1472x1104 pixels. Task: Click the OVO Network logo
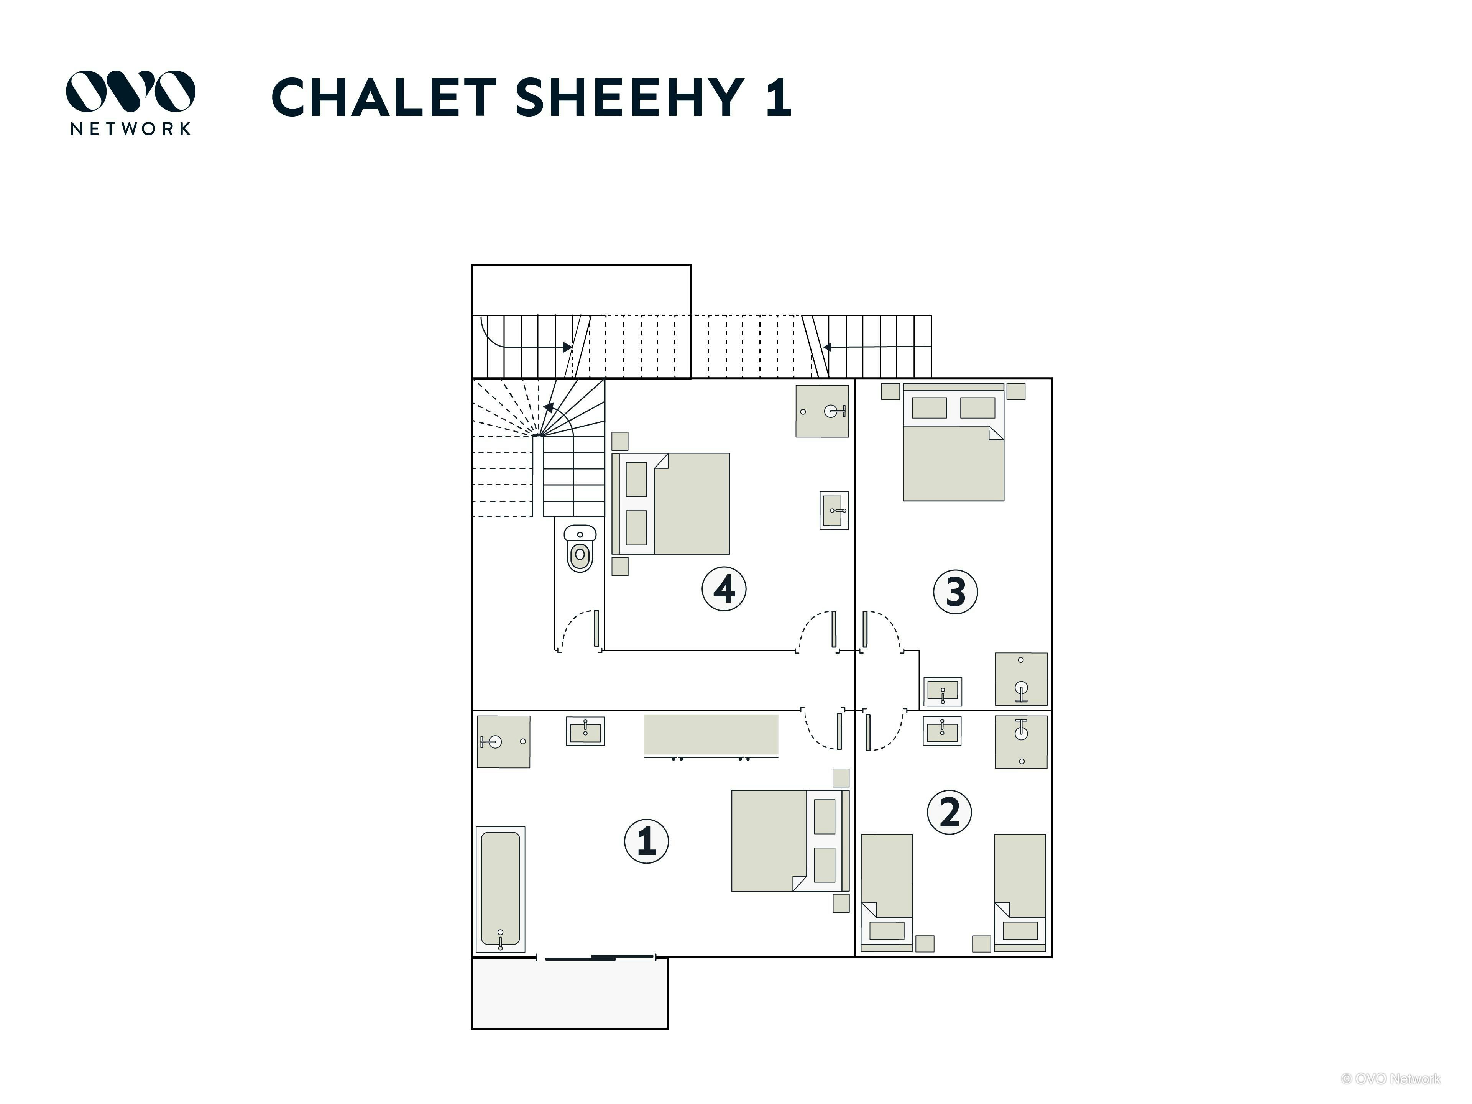pyautogui.click(x=130, y=102)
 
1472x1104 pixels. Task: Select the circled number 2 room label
pyautogui.click(x=950, y=812)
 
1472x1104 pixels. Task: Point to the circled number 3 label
pyautogui.click(x=956, y=591)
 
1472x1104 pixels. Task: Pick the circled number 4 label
pyautogui.click(x=724, y=589)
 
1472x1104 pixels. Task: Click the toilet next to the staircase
pyautogui.click(x=580, y=548)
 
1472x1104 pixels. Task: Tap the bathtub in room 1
pyautogui.click(x=500, y=889)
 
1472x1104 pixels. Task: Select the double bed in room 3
pyautogui.click(x=953, y=442)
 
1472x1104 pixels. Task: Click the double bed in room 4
pyautogui.click(x=671, y=504)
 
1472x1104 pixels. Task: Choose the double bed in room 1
pyautogui.click(x=790, y=841)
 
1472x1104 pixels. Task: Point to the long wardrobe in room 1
pyautogui.click(x=711, y=735)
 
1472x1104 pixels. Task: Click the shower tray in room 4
pyautogui.click(x=822, y=411)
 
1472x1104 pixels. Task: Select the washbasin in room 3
pyautogui.click(x=942, y=692)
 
